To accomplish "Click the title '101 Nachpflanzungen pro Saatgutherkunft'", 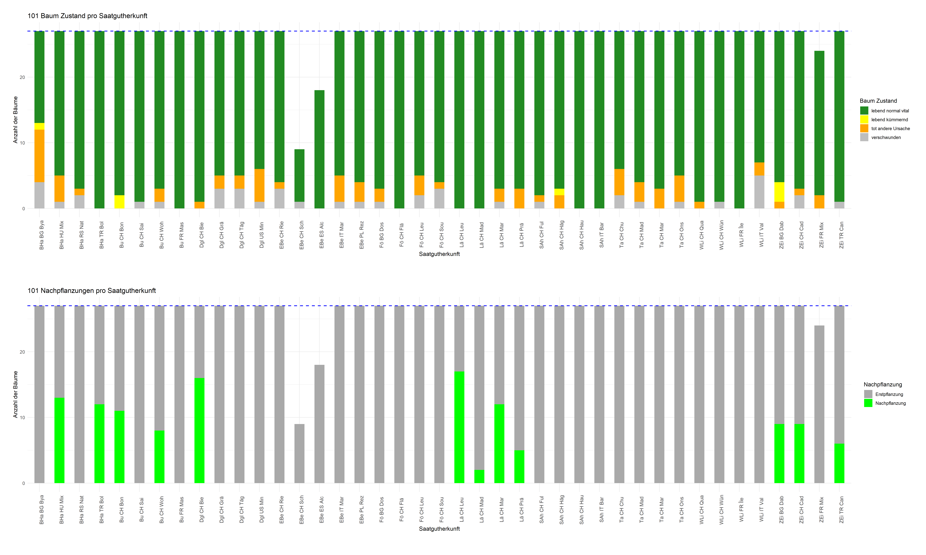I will pyautogui.click(x=92, y=291).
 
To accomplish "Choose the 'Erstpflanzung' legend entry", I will pyautogui.click(x=889, y=394).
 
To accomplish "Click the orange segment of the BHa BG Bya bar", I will pyautogui.click(x=39, y=156).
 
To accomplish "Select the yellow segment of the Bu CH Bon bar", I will pyautogui.click(x=119, y=202).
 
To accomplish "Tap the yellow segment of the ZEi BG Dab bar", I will pyautogui.click(x=779, y=192).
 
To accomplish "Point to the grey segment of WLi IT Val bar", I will pyautogui.click(x=759, y=192).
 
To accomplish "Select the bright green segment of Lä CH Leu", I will pyautogui.click(x=459, y=427).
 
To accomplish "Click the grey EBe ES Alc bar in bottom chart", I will pyautogui.click(x=319, y=424).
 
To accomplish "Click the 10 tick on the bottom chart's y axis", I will pyautogui.click(x=22, y=417).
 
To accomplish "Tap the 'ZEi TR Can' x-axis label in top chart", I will pyautogui.click(x=841, y=235).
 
